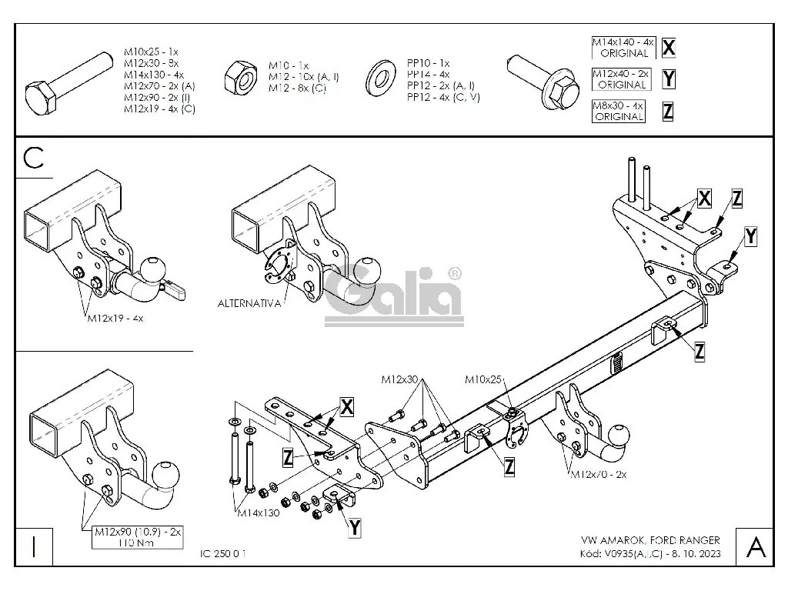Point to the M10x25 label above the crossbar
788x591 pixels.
(x=482, y=379)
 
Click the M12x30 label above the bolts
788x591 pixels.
(x=399, y=379)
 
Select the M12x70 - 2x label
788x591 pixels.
(x=598, y=475)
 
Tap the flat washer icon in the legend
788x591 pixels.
(x=379, y=77)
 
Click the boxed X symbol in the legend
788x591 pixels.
(x=669, y=48)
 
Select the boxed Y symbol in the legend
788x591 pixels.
(x=668, y=79)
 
